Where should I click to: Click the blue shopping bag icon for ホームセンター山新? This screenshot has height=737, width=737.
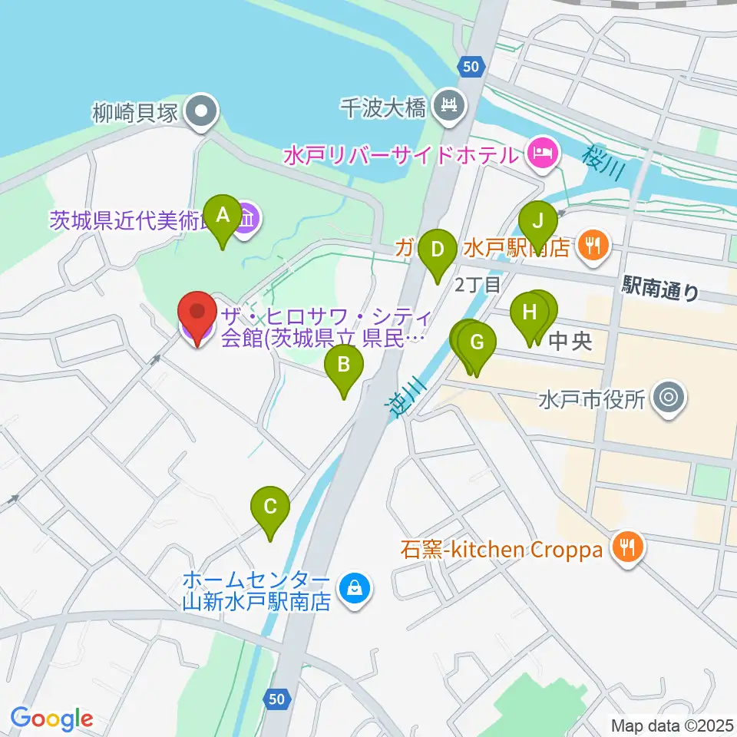(x=354, y=590)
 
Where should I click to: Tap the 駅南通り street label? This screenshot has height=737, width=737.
(x=661, y=289)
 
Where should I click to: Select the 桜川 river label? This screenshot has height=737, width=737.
(x=598, y=161)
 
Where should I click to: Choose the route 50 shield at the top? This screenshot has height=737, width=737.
(x=471, y=68)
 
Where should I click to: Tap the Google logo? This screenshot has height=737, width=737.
(x=51, y=719)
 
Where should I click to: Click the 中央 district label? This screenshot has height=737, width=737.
(x=571, y=340)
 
